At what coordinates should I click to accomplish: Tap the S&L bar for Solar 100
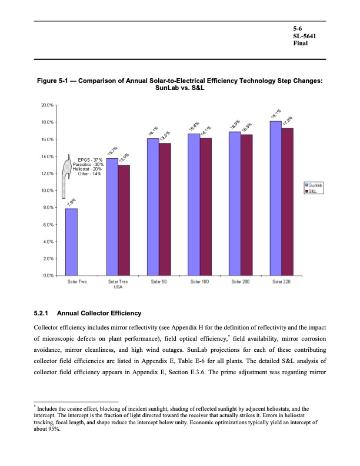[x=205, y=207]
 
